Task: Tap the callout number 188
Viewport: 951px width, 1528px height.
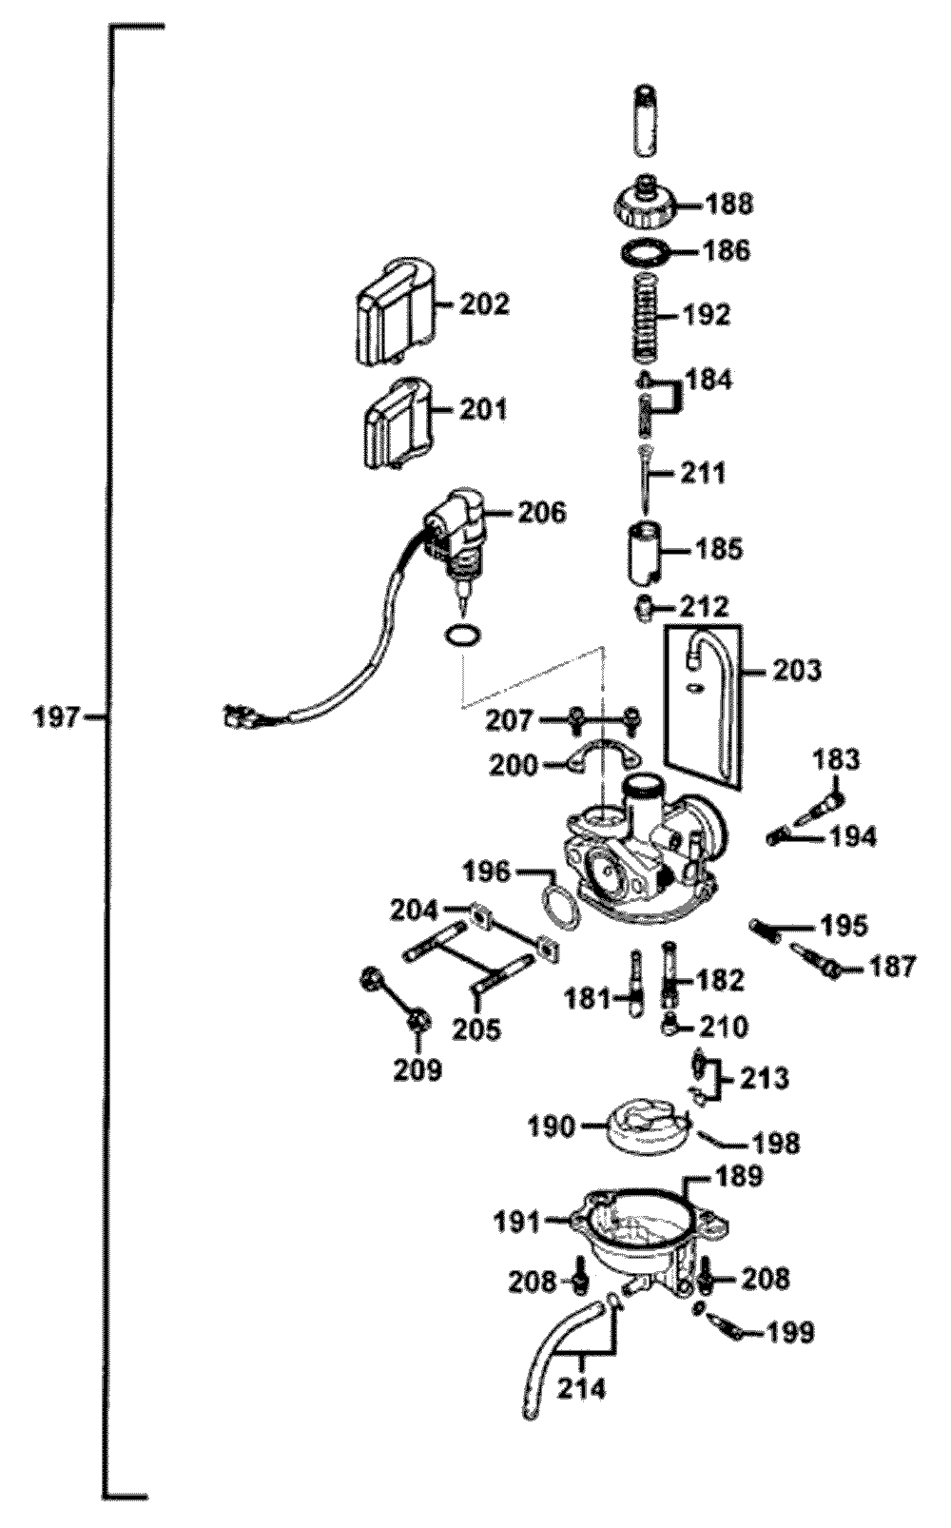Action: [728, 204]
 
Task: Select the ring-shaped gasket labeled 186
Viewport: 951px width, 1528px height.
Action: [644, 252]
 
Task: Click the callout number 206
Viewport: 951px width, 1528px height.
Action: [541, 512]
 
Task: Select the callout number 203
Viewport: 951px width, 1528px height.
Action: [797, 671]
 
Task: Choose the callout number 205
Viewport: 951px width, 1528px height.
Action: [477, 1028]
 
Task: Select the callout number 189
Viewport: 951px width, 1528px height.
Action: [740, 1177]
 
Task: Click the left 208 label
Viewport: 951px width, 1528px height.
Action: [533, 1283]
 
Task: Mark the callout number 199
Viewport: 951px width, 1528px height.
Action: [790, 1332]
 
